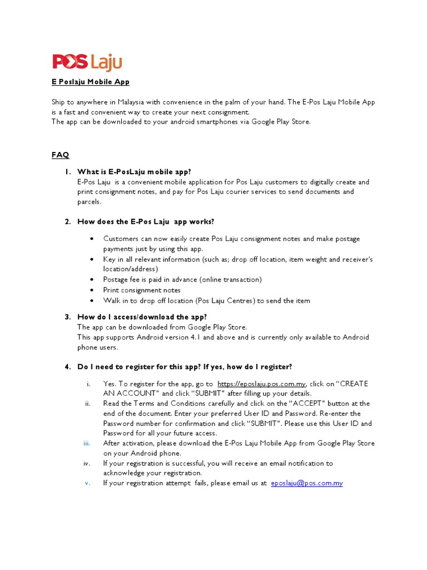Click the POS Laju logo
(87, 62)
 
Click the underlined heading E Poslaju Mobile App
(91, 82)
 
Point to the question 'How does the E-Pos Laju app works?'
(146, 222)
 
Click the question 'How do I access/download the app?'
(142, 317)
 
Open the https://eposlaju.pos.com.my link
(261, 384)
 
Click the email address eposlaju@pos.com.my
(307, 483)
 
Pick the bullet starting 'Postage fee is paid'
(182, 279)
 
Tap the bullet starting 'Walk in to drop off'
(206, 301)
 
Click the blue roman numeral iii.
(87, 443)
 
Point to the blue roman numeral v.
(87, 483)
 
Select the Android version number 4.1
(209, 337)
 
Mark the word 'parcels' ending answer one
(89, 202)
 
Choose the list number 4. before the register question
(67, 367)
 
